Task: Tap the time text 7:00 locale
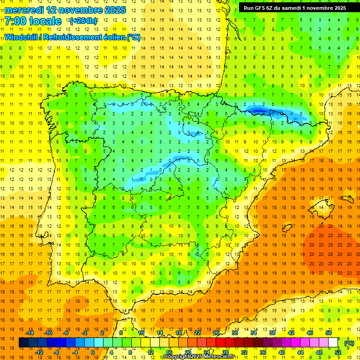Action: (x=33, y=22)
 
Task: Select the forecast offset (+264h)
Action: (x=83, y=22)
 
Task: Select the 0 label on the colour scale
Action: (x=92, y=352)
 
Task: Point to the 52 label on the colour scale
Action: (x=337, y=352)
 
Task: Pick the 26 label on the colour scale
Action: (x=216, y=333)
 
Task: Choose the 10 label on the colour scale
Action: (x=141, y=333)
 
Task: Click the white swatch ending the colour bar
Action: (x=333, y=343)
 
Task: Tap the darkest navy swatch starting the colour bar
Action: (x=23, y=343)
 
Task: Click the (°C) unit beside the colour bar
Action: (x=349, y=343)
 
